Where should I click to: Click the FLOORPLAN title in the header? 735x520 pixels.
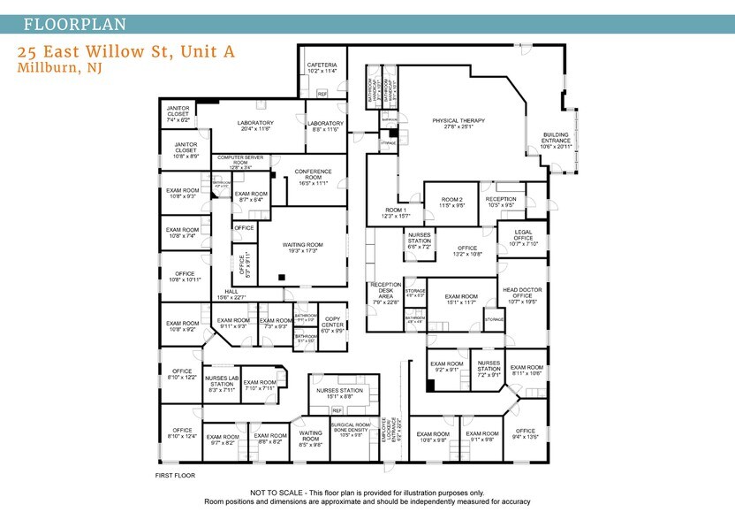pos(74,24)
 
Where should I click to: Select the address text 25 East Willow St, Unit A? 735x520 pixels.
pos(126,52)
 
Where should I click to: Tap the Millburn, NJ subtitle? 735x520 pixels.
pos(59,68)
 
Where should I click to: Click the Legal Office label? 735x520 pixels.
pos(523,239)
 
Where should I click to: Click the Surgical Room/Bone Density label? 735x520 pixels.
pos(346,429)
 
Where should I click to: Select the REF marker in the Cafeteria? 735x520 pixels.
pos(322,93)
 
